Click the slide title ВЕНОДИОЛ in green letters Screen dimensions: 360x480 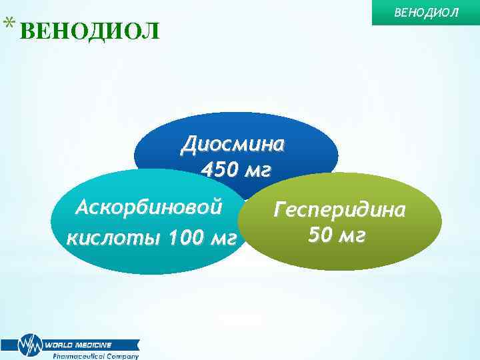tap(90, 31)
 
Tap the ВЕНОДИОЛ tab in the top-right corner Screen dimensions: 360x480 tap(427, 12)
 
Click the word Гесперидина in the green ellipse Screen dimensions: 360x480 tap(339, 210)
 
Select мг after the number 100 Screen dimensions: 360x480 tap(221, 237)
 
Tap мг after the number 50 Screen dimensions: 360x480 tap(352, 235)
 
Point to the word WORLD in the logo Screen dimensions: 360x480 tap(59, 345)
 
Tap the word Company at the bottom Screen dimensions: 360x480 tap(123, 356)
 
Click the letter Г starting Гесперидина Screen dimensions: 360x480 tap(280, 210)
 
